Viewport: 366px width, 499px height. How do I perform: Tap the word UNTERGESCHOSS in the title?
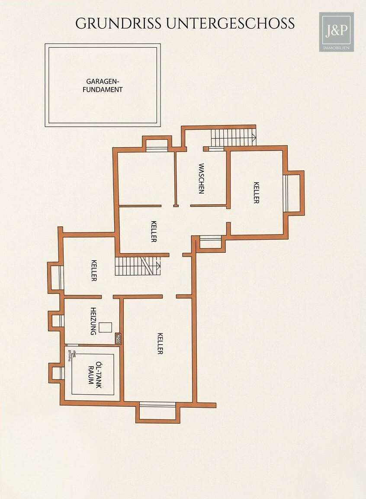[x=229, y=23]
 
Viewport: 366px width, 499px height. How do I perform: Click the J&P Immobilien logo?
[x=336, y=32]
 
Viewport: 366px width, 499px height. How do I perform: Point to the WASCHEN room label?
[x=201, y=178]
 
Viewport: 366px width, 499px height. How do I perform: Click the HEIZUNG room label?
[x=93, y=321]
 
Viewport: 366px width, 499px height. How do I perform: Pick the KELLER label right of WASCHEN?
[x=256, y=193]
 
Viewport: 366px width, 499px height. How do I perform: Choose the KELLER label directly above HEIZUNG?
[x=94, y=270]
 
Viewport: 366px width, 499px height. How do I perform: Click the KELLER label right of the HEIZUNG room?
[x=160, y=344]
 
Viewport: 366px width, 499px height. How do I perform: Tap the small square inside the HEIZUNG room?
[x=105, y=328]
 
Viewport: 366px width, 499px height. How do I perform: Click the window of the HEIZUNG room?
[x=61, y=321]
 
